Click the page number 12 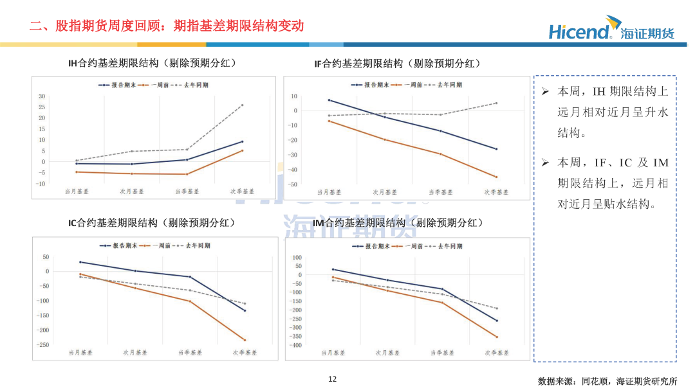coord(332,379)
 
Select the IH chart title coord(153,63)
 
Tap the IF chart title coord(397,63)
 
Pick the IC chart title coord(152,223)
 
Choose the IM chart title coord(398,223)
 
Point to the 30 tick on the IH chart coord(42,96)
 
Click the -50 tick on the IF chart coord(293,184)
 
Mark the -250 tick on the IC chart coord(42,345)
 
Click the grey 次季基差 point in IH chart coord(243,105)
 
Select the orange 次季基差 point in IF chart coord(496,177)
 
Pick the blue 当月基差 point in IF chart coord(329,100)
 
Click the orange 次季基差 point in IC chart coord(245,340)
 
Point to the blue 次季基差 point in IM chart coord(497,321)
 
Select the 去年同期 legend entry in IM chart coord(448,245)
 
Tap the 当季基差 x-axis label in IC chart coord(190,352)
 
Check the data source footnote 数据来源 coord(607,380)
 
